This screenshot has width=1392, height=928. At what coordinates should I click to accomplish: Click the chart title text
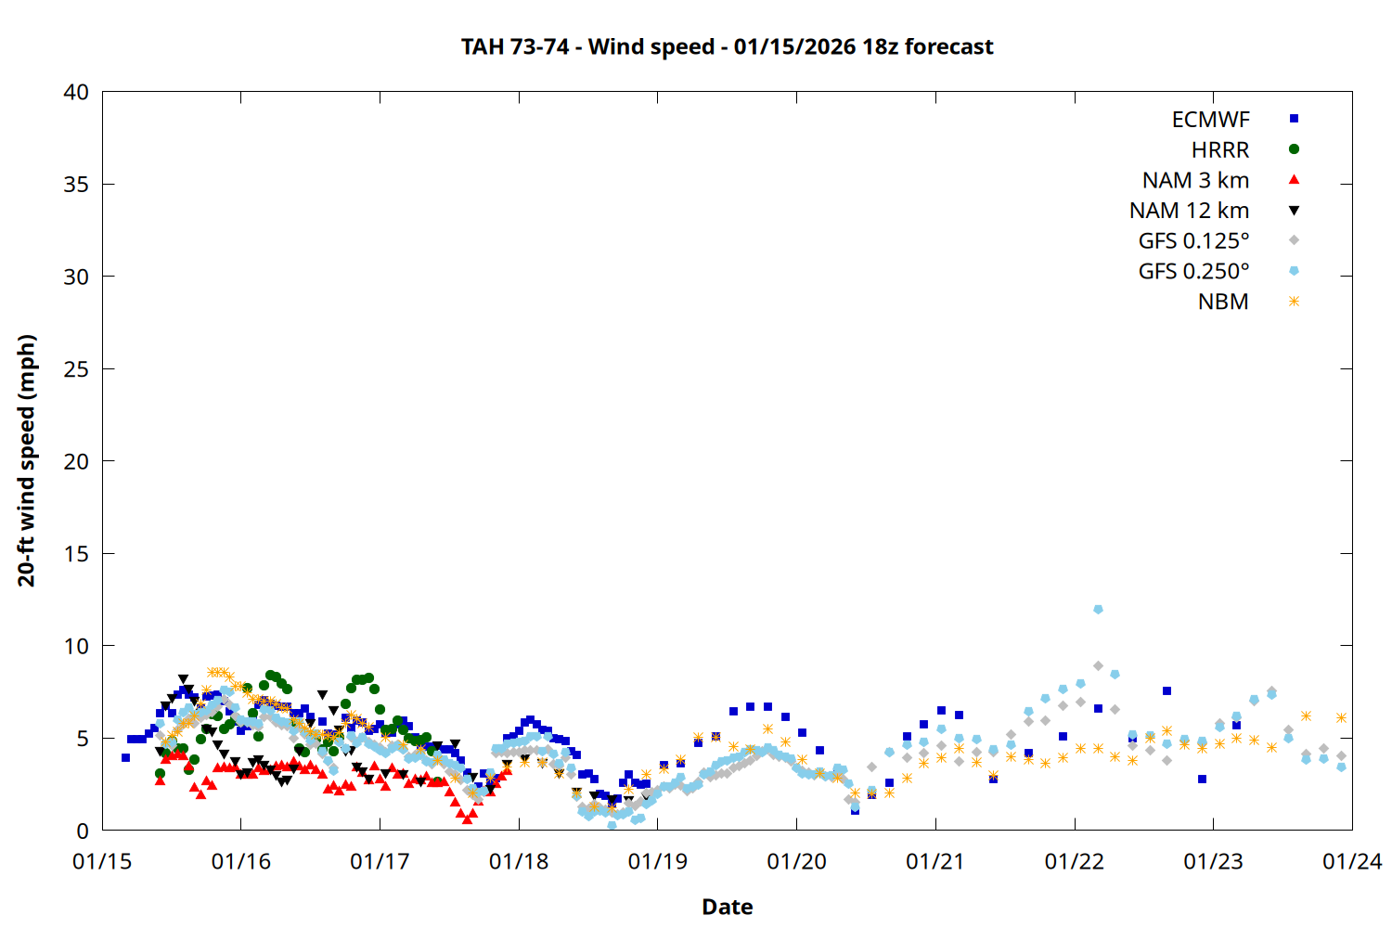pyautogui.click(x=727, y=46)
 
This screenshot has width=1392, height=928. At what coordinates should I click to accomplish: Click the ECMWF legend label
pyautogui.click(x=1210, y=120)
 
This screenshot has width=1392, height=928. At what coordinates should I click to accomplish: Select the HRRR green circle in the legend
pyautogui.click(x=1294, y=149)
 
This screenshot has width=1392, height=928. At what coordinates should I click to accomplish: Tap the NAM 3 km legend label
pyautogui.click(x=1195, y=180)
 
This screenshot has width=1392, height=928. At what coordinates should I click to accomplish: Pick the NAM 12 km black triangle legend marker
pyautogui.click(x=1294, y=211)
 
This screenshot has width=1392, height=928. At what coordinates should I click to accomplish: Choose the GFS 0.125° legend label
pyautogui.click(x=1193, y=241)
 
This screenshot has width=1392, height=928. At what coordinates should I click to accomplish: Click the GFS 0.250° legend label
pyautogui.click(x=1193, y=272)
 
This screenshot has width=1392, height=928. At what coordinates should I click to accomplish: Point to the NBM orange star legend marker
pyautogui.click(x=1294, y=302)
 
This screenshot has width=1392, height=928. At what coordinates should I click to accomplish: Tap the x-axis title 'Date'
pyautogui.click(x=727, y=907)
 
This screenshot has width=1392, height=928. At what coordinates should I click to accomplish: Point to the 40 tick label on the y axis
pyautogui.click(x=76, y=93)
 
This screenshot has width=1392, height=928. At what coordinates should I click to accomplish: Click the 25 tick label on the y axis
pyautogui.click(x=76, y=369)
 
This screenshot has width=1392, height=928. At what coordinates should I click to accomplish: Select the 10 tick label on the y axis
pyautogui.click(x=76, y=646)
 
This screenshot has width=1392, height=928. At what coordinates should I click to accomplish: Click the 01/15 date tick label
pyautogui.click(x=102, y=862)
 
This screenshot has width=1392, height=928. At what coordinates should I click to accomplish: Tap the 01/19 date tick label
pyautogui.click(x=658, y=862)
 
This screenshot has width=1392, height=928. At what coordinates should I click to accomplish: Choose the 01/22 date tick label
pyautogui.click(x=1075, y=862)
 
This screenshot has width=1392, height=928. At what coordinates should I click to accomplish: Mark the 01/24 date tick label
pyautogui.click(x=1352, y=862)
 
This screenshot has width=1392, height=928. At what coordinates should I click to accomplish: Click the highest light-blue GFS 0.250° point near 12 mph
pyautogui.click(x=1098, y=610)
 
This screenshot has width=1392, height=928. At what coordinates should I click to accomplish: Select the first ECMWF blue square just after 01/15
pyautogui.click(x=125, y=758)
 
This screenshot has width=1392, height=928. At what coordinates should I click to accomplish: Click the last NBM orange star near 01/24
pyautogui.click(x=1341, y=717)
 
